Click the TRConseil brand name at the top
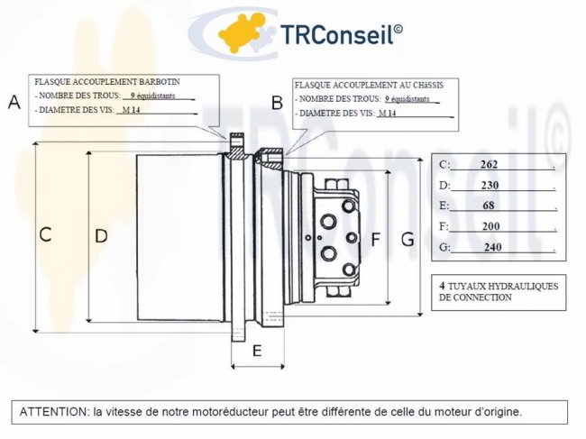[341, 34]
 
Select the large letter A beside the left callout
[14, 102]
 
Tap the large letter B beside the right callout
[277, 103]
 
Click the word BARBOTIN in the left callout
[160, 81]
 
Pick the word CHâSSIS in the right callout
[428, 85]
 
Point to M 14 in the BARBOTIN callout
[132, 110]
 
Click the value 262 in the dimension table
[489, 164]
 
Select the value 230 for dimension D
[490, 186]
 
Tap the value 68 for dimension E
[489, 206]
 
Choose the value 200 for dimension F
[490, 226]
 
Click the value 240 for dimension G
[493, 247]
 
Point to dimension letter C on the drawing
[45, 234]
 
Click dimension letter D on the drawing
[101, 236]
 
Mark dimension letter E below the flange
[257, 351]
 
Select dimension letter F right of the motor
[375, 240]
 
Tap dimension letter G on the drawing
[407, 240]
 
